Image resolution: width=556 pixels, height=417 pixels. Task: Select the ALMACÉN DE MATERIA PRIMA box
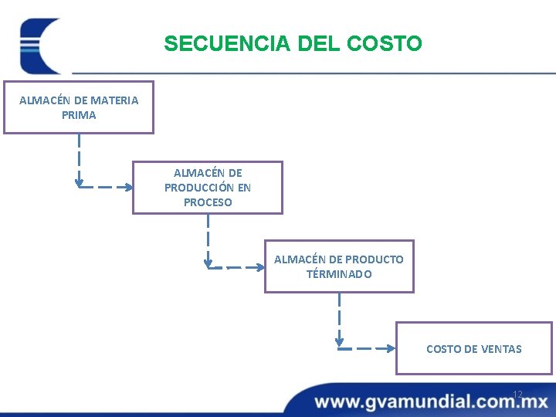79,107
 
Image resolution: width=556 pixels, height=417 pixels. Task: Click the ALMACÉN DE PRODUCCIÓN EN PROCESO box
208,188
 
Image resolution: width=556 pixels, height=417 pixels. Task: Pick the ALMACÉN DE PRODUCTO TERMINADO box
339,266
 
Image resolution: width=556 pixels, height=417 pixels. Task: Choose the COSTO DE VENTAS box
473,348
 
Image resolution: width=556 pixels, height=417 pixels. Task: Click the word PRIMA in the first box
79,115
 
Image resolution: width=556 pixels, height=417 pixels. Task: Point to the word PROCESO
208,202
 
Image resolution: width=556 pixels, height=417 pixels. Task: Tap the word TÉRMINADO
339,274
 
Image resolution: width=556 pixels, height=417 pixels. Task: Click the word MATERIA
114,100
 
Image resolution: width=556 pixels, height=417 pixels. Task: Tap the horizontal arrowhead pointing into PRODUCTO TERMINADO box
259,268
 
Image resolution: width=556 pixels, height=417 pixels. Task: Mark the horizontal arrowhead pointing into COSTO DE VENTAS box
390,348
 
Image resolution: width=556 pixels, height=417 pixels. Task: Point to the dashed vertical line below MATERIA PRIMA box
79,158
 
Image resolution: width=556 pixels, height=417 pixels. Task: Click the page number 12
517,395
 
